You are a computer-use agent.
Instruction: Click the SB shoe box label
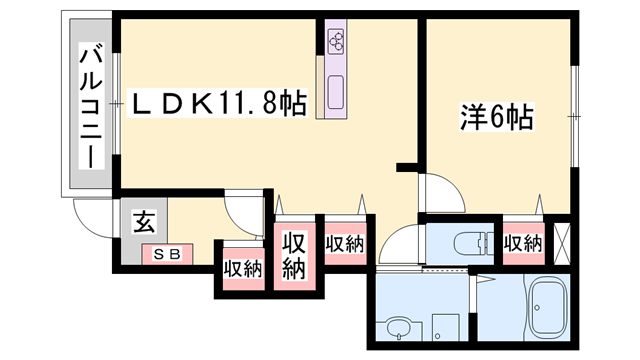point(167,254)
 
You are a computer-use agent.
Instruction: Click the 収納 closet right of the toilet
point(523,243)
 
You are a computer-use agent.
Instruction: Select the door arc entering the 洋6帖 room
point(437,190)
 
